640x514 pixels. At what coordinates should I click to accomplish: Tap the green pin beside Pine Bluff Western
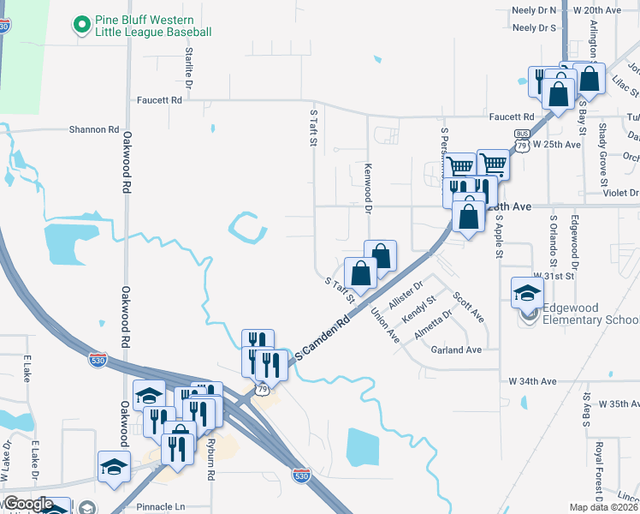pyautogui.click(x=82, y=25)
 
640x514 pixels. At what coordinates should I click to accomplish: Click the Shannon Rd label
pyautogui.click(x=94, y=129)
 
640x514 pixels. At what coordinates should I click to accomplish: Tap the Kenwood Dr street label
pyautogui.click(x=369, y=187)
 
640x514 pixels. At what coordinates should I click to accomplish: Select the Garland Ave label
pyautogui.click(x=456, y=350)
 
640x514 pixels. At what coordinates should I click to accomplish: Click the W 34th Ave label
pyautogui.click(x=532, y=380)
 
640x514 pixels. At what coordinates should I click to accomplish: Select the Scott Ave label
pyautogui.click(x=469, y=308)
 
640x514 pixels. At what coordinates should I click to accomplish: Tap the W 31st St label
pyautogui.click(x=552, y=276)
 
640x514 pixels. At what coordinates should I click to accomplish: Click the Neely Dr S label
pyautogui.click(x=535, y=27)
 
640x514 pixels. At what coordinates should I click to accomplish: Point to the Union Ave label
pyautogui.click(x=385, y=326)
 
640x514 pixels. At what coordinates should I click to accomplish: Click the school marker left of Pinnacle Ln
pyautogui.click(x=114, y=467)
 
